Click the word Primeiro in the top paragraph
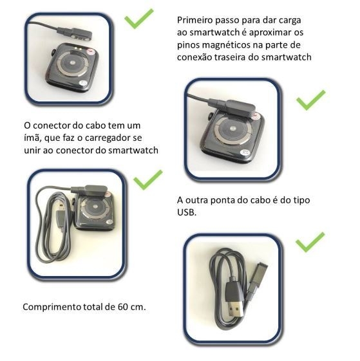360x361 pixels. (194, 20)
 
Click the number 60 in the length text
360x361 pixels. (123, 307)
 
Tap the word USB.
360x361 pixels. (186, 212)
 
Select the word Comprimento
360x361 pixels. (52, 307)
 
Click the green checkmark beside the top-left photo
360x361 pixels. (139, 19)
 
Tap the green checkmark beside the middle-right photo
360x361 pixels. (310, 100)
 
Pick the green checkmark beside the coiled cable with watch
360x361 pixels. (148, 180)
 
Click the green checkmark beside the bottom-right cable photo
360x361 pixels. (310, 242)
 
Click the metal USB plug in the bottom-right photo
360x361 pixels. (235, 309)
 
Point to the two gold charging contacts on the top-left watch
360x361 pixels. (78, 48)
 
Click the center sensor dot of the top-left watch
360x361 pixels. (73, 62)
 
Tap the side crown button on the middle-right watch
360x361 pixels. (210, 116)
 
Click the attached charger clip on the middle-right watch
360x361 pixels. (232, 107)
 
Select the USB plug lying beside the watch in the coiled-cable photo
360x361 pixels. (61, 216)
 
